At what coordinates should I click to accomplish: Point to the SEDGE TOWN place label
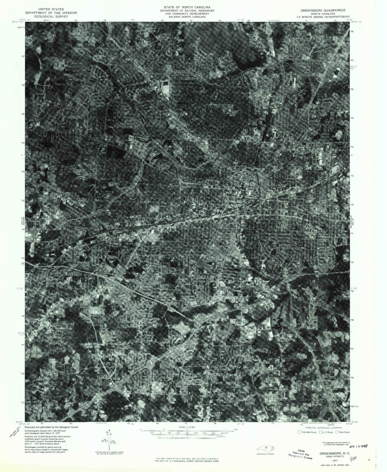[x=57, y=318]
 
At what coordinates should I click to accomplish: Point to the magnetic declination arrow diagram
[x=109, y=439]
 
